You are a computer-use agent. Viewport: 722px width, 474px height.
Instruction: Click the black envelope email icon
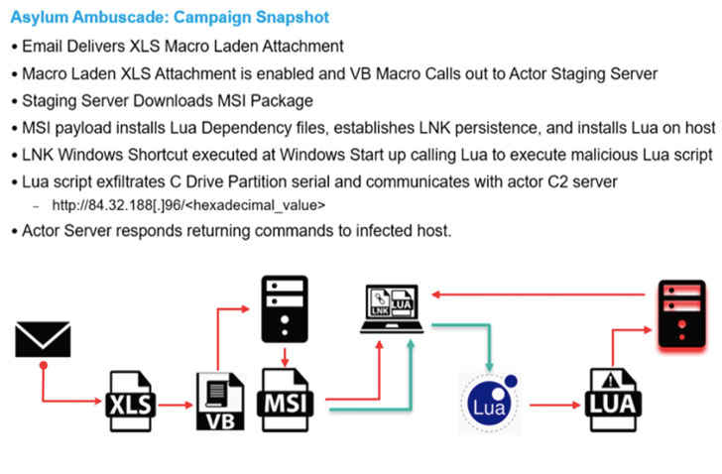click(x=44, y=339)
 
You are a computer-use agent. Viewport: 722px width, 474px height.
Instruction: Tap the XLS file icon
click(x=131, y=399)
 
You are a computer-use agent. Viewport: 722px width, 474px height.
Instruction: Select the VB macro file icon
click(x=218, y=399)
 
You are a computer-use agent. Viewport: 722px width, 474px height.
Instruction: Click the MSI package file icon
click(x=287, y=399)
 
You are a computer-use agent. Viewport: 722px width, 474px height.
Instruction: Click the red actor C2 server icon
click(x=682, y=313)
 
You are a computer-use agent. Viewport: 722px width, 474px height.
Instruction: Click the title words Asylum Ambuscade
click(x=85, y=18)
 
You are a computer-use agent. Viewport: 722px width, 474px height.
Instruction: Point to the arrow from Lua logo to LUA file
click(x=551, y=405)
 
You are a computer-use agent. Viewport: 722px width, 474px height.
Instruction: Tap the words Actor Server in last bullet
click(x=65, y=232)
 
